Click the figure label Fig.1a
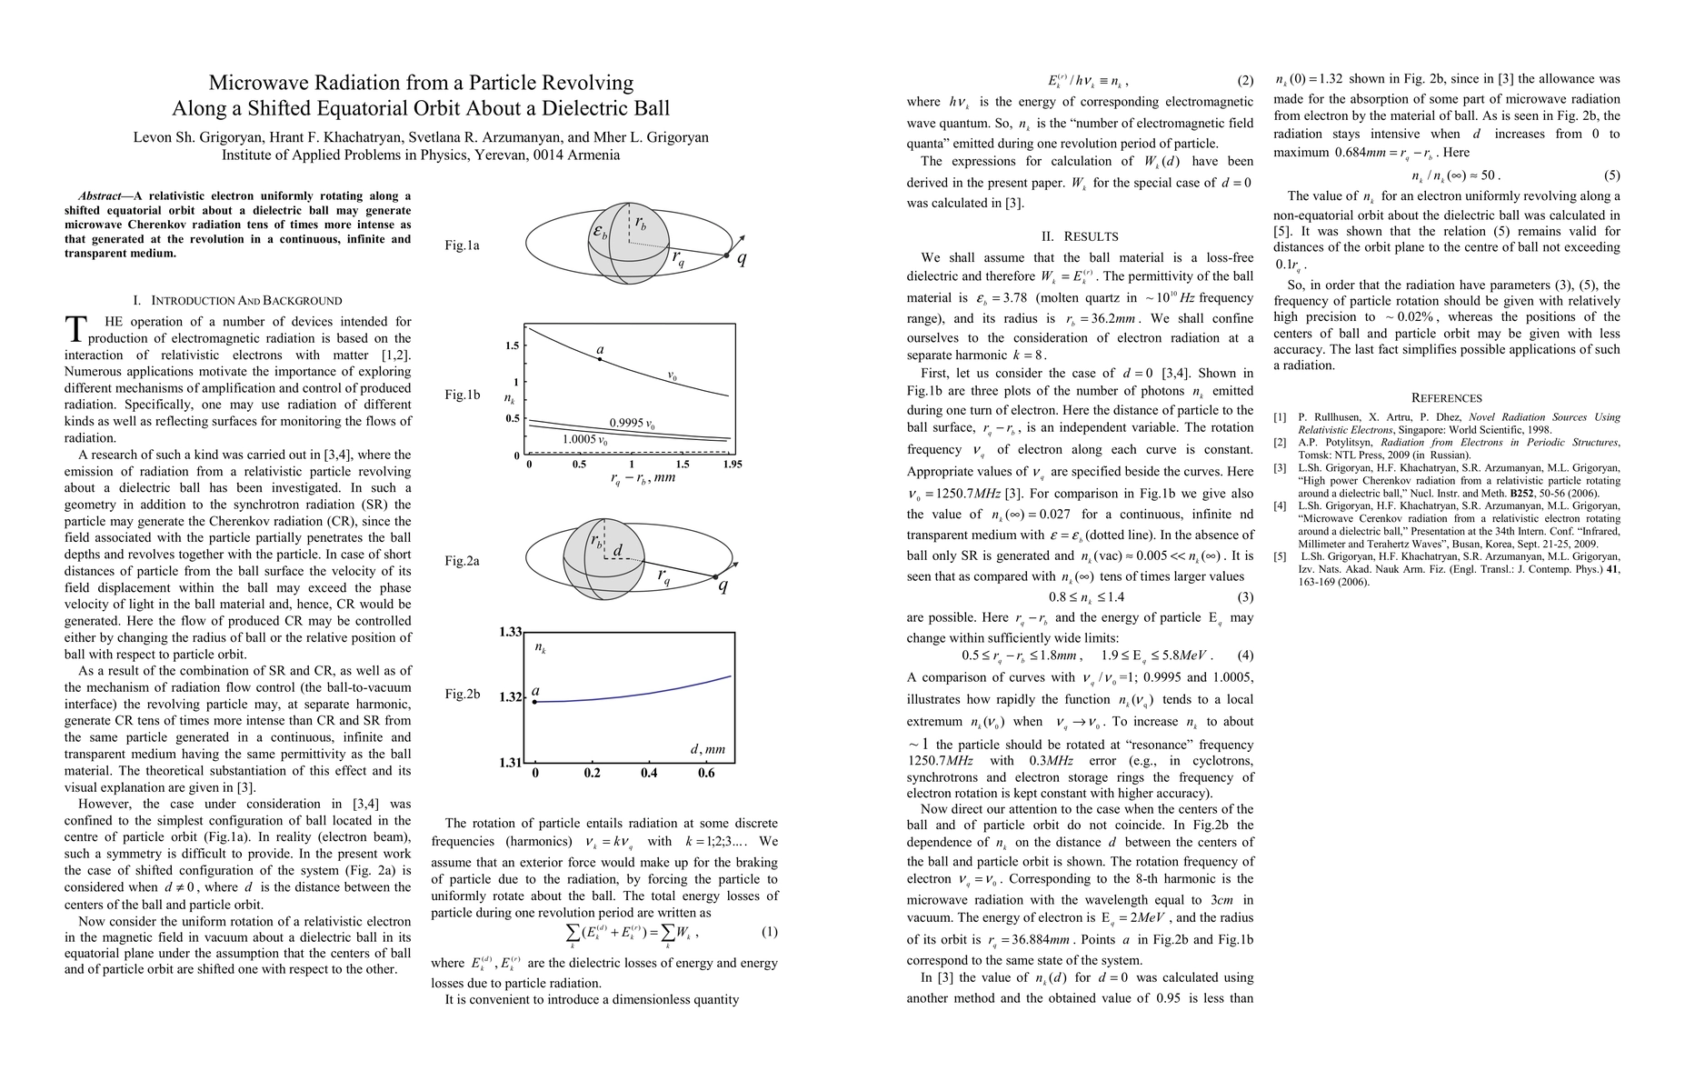coord(462,245)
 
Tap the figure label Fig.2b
coord(462,695)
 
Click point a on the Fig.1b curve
coord(600,359)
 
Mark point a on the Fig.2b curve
coord(535,702)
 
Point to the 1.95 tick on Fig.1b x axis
coord(732,465)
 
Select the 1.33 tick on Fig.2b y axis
coord(510,632)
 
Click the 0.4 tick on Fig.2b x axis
coord(649,773)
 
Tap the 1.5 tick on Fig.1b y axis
coord(512,346)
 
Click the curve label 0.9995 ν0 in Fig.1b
coord(632,424)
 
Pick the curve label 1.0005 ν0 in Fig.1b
coord(585,439)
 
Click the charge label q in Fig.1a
coord(742,258)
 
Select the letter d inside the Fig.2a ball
coord(617,551)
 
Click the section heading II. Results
coord(1080,236)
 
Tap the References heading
coord(1446,398)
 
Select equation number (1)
coord(769,932)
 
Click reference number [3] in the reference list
coord(1280,468)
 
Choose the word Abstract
coord(100,195)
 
